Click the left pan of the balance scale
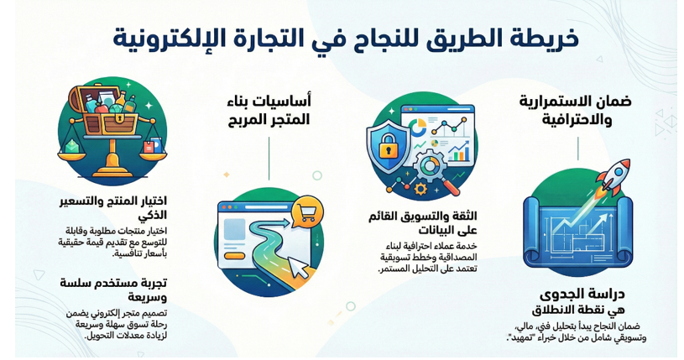(x=72, y=151)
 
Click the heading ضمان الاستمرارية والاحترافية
(x=576, y=111)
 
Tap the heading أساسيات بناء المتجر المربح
(x=269, y=111)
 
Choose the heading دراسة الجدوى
(x=582, y=295)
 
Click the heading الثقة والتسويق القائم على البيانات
(x=422, y=223)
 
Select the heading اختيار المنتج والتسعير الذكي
(x=113, y=208)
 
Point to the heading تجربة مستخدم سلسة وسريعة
(x=113, y=290)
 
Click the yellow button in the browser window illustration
(x=236, y=255)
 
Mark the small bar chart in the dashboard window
(x=459, y=153)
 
